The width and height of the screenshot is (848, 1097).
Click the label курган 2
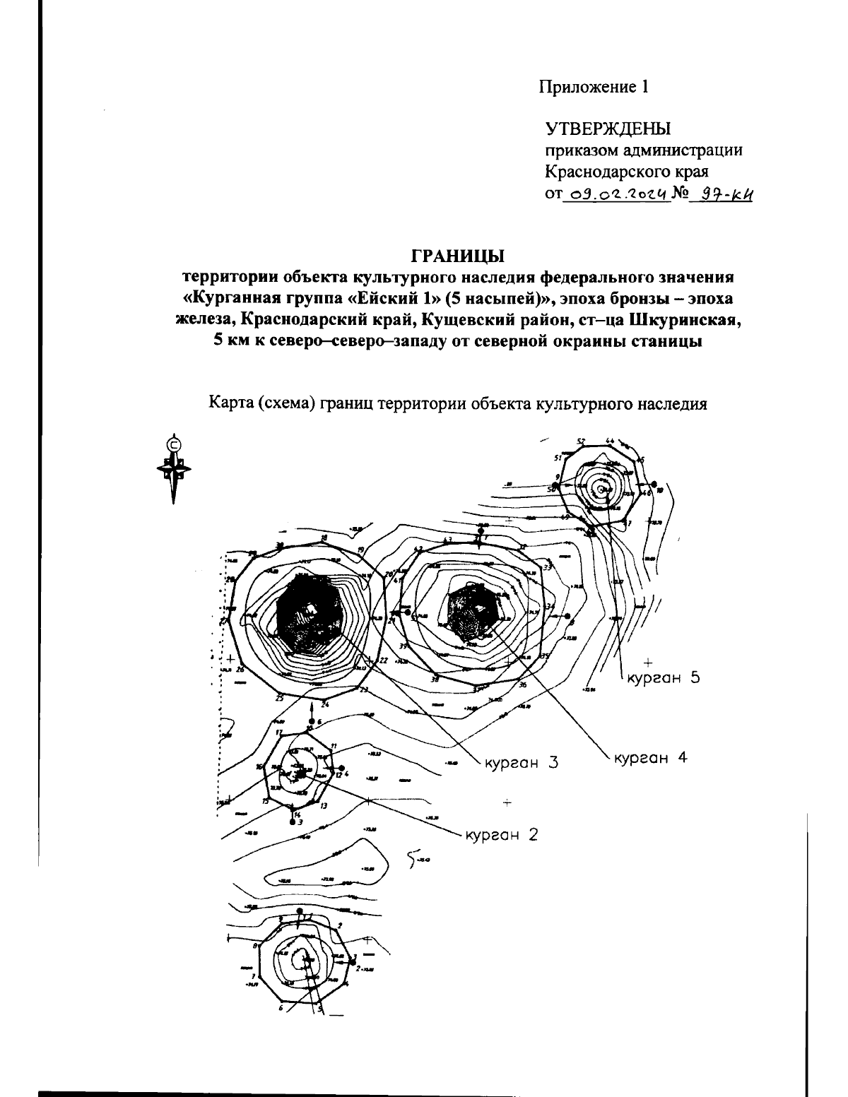[x=501, y=834]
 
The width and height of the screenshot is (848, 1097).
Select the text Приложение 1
[x=594, y=87]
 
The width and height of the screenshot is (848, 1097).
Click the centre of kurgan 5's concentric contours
[x=601, y=488]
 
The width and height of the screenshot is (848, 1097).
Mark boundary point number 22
[x=384, y=661]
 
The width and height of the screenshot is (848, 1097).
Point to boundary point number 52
[x=581, y=442]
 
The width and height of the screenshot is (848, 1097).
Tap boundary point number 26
[x=240, y=670]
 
